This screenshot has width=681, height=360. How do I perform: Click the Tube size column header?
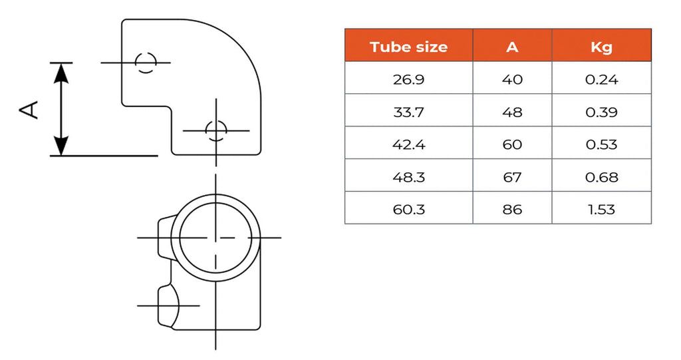coord(408,47)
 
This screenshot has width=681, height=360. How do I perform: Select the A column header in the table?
coord(512,47)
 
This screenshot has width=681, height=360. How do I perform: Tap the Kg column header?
coord(601,47)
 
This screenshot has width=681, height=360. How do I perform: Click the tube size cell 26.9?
coord(408,80)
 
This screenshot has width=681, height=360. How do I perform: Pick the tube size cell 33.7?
coord(408,112)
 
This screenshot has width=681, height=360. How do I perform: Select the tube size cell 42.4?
coord(408,144)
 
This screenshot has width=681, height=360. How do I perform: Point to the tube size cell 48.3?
coord(408,177)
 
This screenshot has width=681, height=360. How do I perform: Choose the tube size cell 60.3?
coord(408,210)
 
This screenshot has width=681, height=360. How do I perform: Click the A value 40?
coord(512,80)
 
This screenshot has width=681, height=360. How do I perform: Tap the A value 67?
coord(512,177)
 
